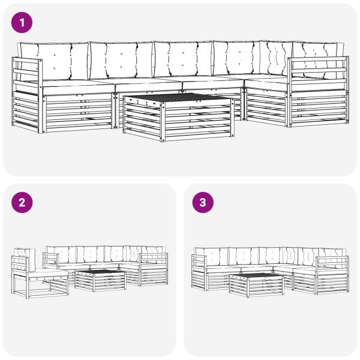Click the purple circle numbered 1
pos(22,23)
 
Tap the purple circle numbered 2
pos(22,203)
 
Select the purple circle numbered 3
pos(203,203)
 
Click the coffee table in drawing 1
pos(178,117)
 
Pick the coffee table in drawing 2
pos(101,280)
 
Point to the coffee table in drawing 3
pos(257,285)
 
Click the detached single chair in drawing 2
pos(40,273)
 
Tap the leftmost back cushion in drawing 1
pos(54,61)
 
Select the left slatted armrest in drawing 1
pos(27,95)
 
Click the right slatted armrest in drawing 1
pos(318,91)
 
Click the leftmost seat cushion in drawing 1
pos(78,87)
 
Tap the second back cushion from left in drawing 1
pos(121,60)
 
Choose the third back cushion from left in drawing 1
pos(183,59)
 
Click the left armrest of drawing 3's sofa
pos(199,272)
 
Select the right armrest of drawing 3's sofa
pos(332,274)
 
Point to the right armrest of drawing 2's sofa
pos(154,269)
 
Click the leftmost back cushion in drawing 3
pos(212,257)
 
